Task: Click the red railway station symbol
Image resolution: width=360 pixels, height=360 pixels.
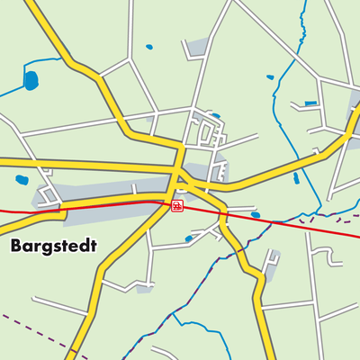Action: click(x=176, y=206)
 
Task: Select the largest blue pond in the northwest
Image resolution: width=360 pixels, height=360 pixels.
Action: click(x=31, y=81)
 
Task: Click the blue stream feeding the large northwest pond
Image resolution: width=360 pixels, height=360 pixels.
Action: click(x=11, y=91)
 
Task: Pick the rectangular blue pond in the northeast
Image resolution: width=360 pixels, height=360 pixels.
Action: click(x=310, y=103)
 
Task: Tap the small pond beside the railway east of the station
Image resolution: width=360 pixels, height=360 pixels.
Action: click(x=256, y=215)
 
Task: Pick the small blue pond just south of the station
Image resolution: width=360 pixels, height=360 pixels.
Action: click(x=189, y=238)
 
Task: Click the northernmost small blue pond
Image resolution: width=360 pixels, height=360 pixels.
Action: click(x=149, y=47)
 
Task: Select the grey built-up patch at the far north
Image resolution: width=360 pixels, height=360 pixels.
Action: click(x=196, y=48)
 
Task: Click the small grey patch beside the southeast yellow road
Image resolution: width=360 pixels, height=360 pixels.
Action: click(x=270, y=261)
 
